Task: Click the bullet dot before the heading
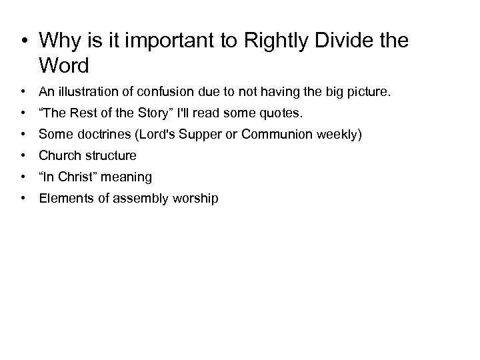pos(25,41)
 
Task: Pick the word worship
pos(193,198)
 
